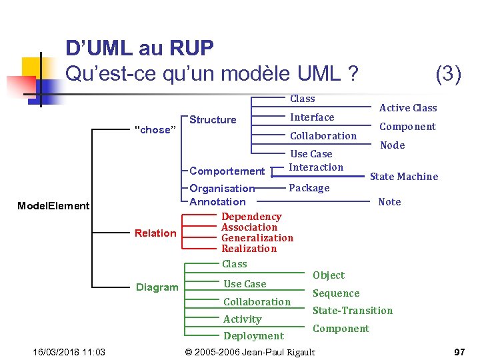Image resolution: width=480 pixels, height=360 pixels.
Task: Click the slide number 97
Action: (459, 351)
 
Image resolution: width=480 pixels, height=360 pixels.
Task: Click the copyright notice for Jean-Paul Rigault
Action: (249, 351)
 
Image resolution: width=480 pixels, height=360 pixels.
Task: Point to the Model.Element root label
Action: (53, 206)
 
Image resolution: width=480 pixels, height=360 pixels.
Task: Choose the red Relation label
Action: (155, 233)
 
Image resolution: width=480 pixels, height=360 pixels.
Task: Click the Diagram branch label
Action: (157, 287)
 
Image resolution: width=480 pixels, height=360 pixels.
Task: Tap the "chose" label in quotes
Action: (154, 130)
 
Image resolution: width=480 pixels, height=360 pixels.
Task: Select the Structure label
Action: (213, 120)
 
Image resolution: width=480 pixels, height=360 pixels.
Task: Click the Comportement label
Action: (227, 171)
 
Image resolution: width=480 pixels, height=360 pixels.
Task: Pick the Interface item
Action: (312, 117)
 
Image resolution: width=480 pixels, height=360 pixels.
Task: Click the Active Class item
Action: (408, 108)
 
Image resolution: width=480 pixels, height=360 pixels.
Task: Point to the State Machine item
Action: (404, 177)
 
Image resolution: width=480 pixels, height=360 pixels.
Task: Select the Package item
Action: (309, 188)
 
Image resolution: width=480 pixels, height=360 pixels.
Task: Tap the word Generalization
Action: (257, 238)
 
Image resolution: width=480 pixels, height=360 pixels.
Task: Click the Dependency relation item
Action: (251, 217)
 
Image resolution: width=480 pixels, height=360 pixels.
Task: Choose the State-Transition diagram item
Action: (353, 311)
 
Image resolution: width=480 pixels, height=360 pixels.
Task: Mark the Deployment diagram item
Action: (253, 336)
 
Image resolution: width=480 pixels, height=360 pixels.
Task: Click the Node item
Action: (392, 145)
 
